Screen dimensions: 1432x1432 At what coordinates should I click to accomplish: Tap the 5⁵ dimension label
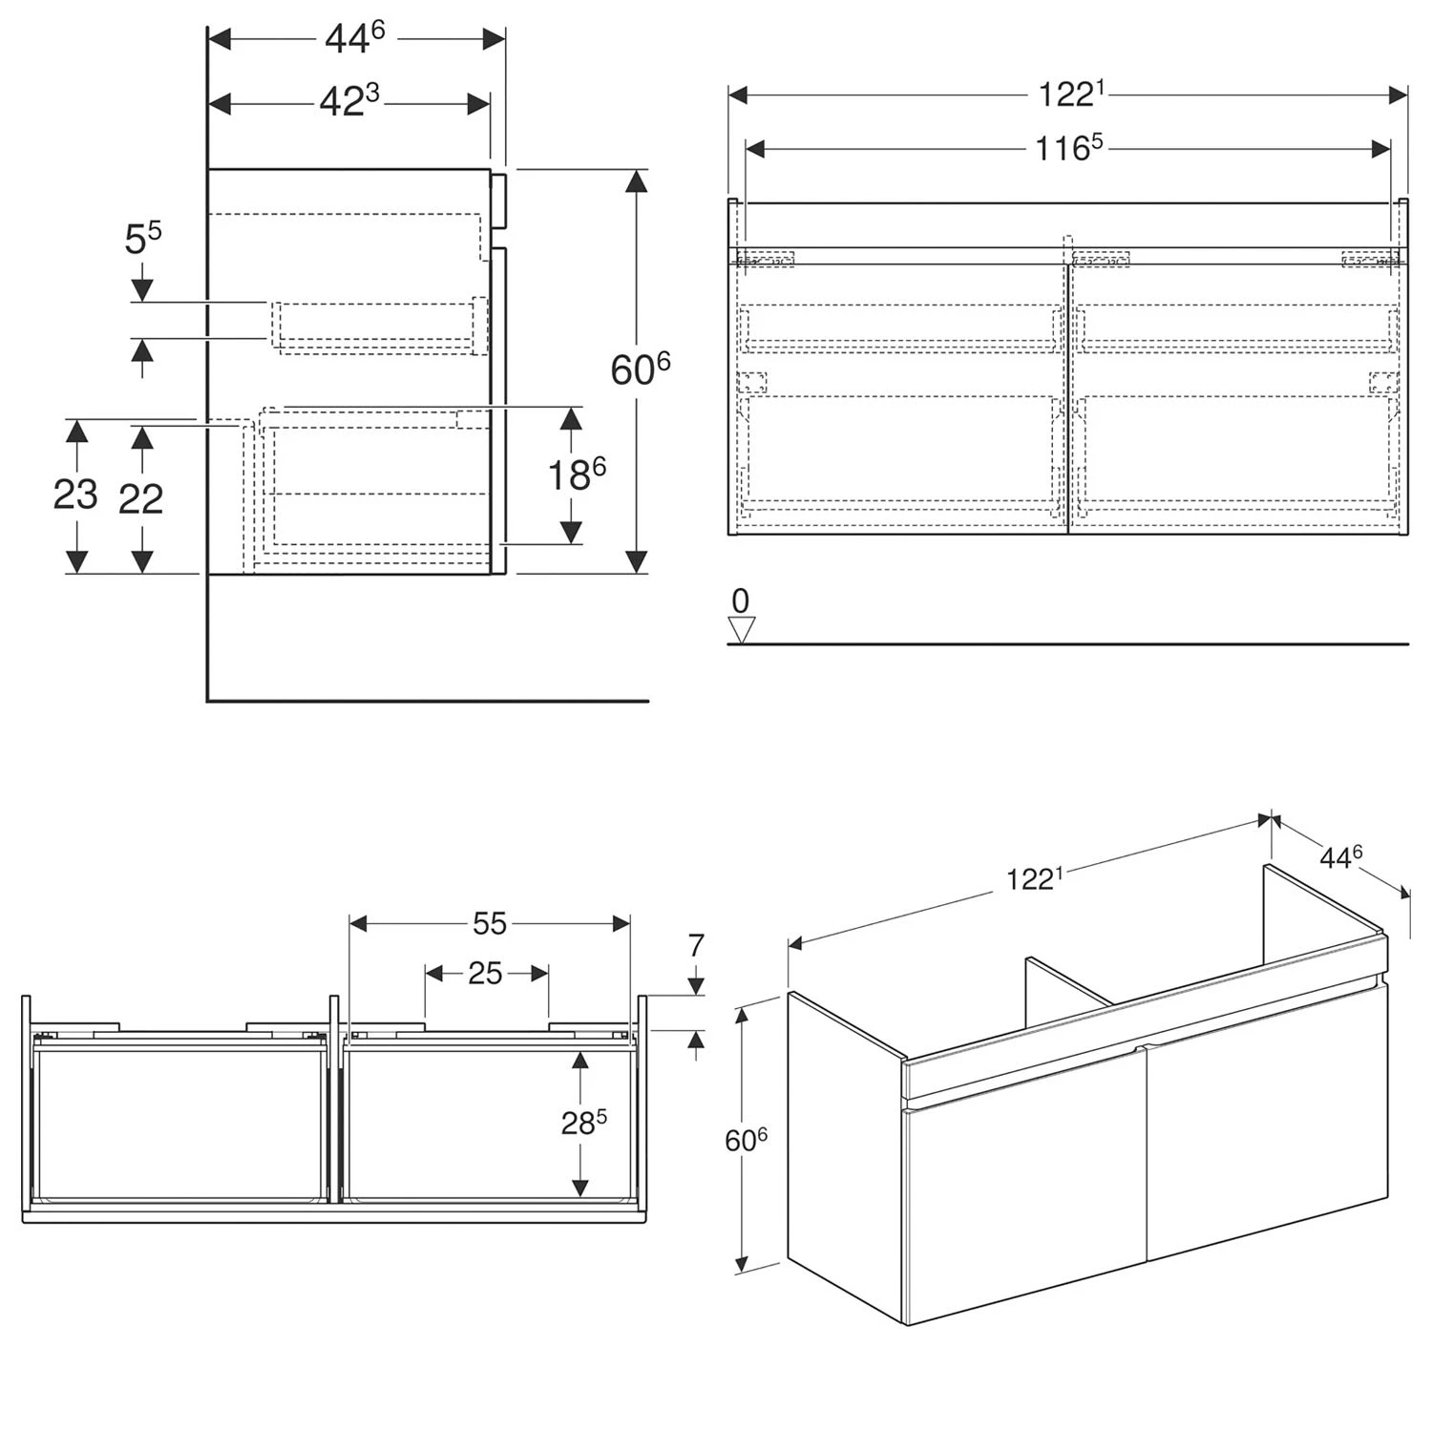click(143, 239)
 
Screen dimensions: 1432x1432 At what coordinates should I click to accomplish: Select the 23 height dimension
click(75, 495)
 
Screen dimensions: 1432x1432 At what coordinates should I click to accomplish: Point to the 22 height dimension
click(141, 498)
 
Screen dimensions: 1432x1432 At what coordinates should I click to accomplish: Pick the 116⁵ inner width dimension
click(1069, 148)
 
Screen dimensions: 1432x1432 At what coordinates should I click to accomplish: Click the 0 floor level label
click(741, 601)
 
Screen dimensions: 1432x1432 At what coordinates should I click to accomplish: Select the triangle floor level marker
click(742, 630)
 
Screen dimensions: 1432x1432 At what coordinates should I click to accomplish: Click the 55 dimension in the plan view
click(490, 923)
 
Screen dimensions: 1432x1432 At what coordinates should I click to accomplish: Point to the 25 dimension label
click(485, 973)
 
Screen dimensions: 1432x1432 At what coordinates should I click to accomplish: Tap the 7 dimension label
click(696, 945)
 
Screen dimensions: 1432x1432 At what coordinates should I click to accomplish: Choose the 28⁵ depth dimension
click(584, 1123)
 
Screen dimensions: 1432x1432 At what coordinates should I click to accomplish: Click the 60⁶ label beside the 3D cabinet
click(747, 1139)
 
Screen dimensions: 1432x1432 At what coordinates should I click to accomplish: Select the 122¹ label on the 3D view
click(1035, 877)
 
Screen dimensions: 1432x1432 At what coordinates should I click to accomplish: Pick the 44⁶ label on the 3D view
click(1341, 856)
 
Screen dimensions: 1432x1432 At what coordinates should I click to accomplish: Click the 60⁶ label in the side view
click(640, 369)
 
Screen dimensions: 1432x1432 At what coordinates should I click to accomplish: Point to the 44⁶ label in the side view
click(354, 37)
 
